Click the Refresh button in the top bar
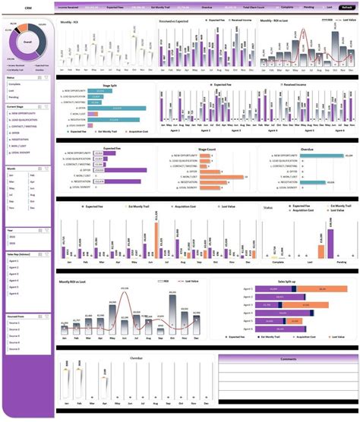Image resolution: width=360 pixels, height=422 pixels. (346, 6)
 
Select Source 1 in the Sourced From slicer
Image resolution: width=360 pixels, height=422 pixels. (14, 311)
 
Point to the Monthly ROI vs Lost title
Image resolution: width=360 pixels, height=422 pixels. (82, 280)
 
